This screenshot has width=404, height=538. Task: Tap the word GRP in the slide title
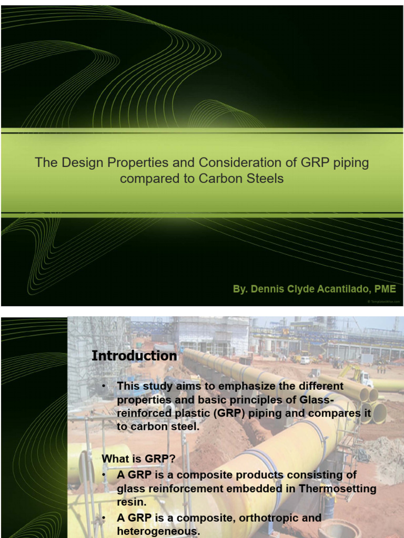(x=316, y=162)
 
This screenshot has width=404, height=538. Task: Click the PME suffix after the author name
(x=385, y=289)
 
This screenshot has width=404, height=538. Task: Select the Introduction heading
(x=134, y=356)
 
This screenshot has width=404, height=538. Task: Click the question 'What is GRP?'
(x=138, y=459)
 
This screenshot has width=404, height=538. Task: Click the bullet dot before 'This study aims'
(x=105, y=386)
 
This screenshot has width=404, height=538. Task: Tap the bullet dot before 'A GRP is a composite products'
(x=105, y=475)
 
